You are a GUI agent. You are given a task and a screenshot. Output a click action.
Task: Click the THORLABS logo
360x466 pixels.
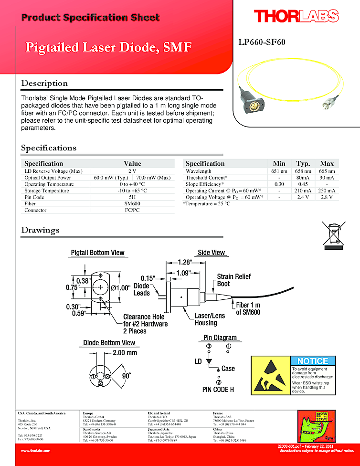pyautogui.click(x=296, y=17)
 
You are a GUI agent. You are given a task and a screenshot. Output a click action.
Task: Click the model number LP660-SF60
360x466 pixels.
pyautogui.click(x=262, y=42)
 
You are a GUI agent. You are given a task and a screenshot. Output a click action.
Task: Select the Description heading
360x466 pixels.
pyautogui.click(x=44, y=83)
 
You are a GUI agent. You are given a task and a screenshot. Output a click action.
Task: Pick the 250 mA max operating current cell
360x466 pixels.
pyautogui.click(x=327, y=191)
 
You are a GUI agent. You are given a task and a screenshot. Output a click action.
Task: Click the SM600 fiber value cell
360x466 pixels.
pyautogui.click(x=132, y=203)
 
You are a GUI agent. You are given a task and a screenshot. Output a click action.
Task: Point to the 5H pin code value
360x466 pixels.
pyautogui.click(x=132, y=197)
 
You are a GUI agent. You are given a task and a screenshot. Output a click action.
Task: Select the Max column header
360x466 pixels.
pyautogui.click(x=327, y=163)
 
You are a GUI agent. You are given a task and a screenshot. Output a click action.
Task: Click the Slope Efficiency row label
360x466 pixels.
pyautogui.click(x=204, y=184)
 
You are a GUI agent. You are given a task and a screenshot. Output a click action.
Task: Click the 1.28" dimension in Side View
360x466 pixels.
pyautogui.click(x=184, y=262)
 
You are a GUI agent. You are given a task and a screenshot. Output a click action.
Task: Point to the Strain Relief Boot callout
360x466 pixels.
pyautogui.click(x=233, y=280)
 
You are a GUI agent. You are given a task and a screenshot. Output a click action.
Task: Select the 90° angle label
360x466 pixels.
pyautogui.click(x=127, y=375)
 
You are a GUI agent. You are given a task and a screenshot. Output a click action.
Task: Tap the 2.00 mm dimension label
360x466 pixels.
pyautogui.click(x=125, y=353)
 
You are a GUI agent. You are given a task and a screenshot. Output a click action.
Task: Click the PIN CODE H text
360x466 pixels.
pyautogui.click(x=218, y=390)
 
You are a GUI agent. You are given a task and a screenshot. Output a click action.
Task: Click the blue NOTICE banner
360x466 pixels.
pyautogui.click(x=313, y=361)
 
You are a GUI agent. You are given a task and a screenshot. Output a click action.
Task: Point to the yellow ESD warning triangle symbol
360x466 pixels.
pyautogui.click(x=271, y=376)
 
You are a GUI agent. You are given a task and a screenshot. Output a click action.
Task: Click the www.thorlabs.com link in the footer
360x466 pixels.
pyautogui.click(x=35, y=450)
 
